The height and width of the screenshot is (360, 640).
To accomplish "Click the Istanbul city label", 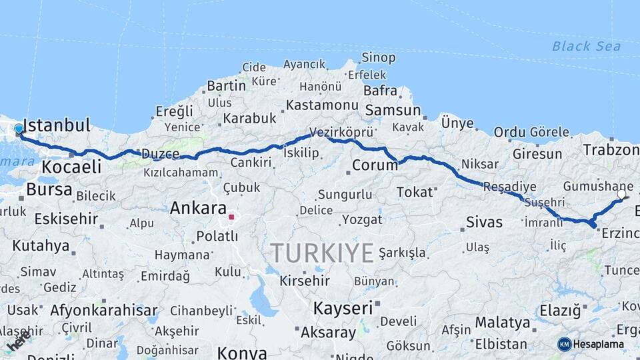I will point(57,125).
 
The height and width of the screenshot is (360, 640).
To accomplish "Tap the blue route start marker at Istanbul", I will point(19,129).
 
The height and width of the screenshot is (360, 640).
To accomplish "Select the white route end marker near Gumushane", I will point(622,195).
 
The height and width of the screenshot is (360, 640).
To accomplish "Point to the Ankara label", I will point(198,208).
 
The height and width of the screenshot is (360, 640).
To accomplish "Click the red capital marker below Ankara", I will point(231,217).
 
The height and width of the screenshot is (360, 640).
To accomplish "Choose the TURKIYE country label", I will point(322,253).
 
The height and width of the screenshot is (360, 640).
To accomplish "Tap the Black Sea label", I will point(586,46).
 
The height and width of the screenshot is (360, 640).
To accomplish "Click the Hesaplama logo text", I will point(599,344).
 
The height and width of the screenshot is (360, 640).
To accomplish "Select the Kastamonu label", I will point(323,105).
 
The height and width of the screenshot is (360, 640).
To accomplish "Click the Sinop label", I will point(379,58).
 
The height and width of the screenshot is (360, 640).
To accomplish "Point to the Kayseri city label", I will point(343,308).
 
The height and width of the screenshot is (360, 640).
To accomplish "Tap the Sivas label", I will point(484,222).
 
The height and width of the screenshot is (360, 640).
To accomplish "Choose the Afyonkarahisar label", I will point(103,310).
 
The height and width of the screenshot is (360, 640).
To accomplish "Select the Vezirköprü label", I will point(341,133).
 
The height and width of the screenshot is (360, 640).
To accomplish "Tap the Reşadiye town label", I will point(509,185).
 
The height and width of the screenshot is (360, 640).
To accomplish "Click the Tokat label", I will point(415,192).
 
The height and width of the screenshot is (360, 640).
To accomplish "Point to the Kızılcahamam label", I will point(179,173).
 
